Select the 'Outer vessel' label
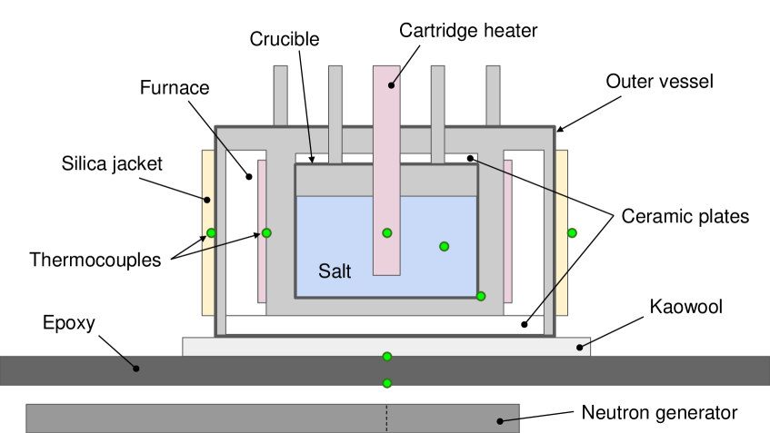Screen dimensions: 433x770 click(x=659, y=81)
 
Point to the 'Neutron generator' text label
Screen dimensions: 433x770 click(x=656, y=413)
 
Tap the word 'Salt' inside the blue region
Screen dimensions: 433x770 click(x=334, y=271)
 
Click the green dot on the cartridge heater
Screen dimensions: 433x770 click(x=387, y=233)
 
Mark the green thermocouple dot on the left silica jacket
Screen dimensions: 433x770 click(x=211, y=233)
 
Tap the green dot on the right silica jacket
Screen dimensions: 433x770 click(x=572, y=233)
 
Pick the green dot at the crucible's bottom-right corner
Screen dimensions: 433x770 click(x=481, y=296)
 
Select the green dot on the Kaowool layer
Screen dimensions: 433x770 click(x=387, y=356)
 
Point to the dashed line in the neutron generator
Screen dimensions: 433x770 click(x=387, y=418)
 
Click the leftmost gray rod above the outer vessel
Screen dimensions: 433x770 click(x=280, y=94)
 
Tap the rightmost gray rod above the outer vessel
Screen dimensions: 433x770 click(x=493, y=94)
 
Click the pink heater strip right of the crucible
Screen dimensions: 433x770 click(x=508, y=231)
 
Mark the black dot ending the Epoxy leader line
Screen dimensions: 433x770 click(x=136, y=369)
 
